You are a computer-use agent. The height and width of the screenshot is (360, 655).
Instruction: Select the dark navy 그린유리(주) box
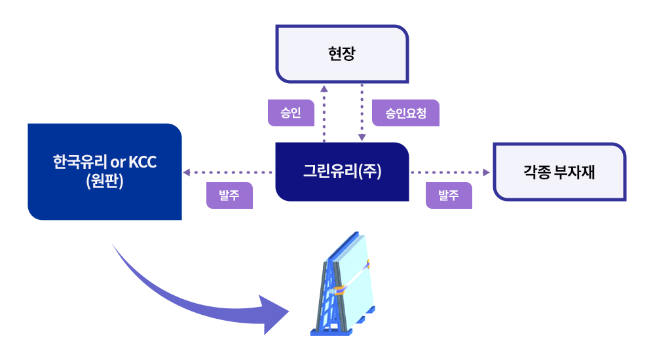pyautogui.click(x=342, y=171)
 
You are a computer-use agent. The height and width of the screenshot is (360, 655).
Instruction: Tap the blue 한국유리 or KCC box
pyautogui.click(x=104, y=171)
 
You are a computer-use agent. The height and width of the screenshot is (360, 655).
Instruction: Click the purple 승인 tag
pyautogui.click(x=291, y=113)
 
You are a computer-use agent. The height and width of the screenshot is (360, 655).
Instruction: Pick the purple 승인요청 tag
pyautogui.click(x=405, y=113)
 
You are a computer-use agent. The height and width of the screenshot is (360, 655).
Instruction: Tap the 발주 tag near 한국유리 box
pyautogui.click(x=229, y=195)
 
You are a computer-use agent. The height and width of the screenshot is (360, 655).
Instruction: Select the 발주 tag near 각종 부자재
pyautogui.click(x=449, y=195)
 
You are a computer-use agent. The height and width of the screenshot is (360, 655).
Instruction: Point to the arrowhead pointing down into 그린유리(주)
pyautogui.click(x=362, y=137)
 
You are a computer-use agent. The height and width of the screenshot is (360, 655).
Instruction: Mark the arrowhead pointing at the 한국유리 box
pyautogui.click(x=187, y=173)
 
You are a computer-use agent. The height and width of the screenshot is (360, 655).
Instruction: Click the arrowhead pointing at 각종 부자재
pyautogui.click(x=486, y=173)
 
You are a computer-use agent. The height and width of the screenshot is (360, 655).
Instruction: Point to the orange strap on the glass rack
pyautogui.click(x=341, y=290)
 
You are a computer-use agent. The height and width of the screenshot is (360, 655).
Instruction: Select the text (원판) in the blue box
pyautogui.click(x=105, y=181)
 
